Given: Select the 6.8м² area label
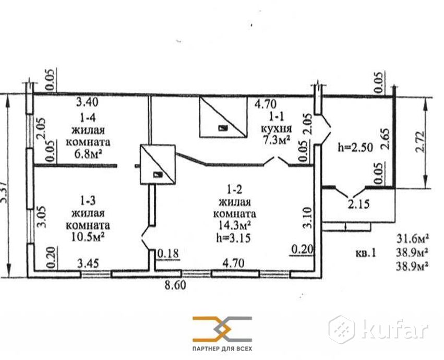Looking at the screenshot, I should (x=88, y=153).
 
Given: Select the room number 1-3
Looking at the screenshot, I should (x=88, y=200).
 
